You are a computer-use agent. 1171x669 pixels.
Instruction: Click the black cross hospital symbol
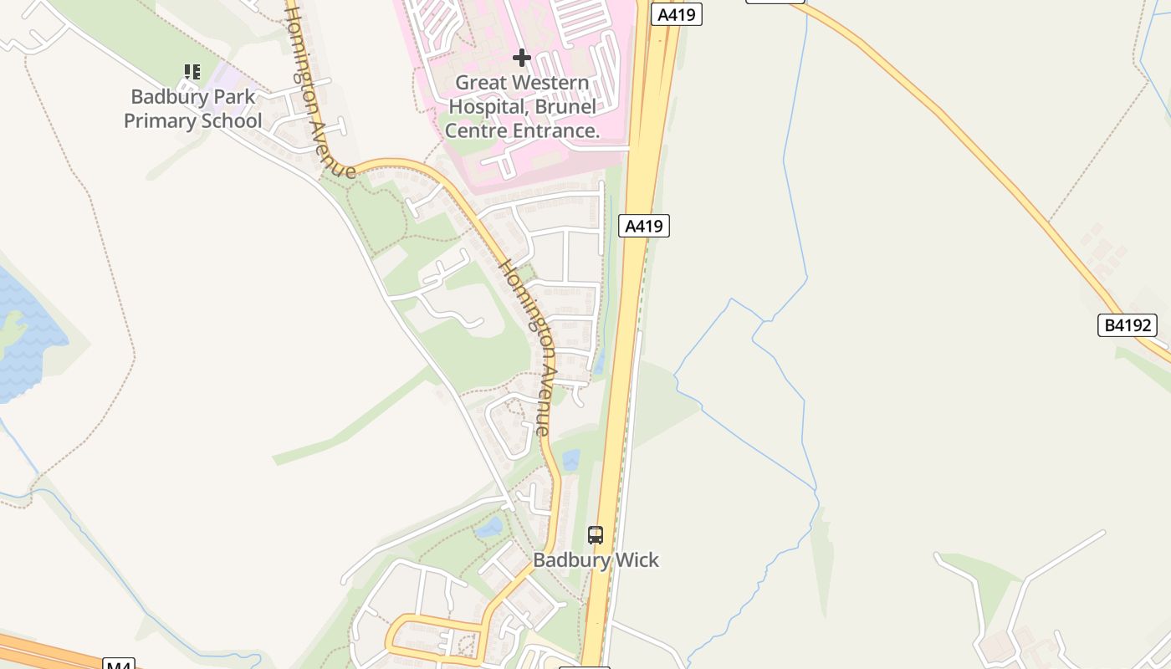(x=522, y=58)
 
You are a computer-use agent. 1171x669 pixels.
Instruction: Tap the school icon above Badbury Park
(x=192, y=73)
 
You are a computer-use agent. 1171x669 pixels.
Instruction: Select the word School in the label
(x=227, y=120)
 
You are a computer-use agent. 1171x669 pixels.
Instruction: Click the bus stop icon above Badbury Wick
(x=596, y=535)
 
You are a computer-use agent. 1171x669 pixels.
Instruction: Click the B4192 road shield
(x=1127, y=325)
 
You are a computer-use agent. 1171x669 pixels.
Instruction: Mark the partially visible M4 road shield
(x=119, y=664)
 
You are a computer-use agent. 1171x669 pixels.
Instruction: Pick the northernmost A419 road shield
(x=677, y=14)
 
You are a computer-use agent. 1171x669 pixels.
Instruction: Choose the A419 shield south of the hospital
(x=644, y=226)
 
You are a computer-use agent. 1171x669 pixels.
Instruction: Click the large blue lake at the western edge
(x=25, y=334)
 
